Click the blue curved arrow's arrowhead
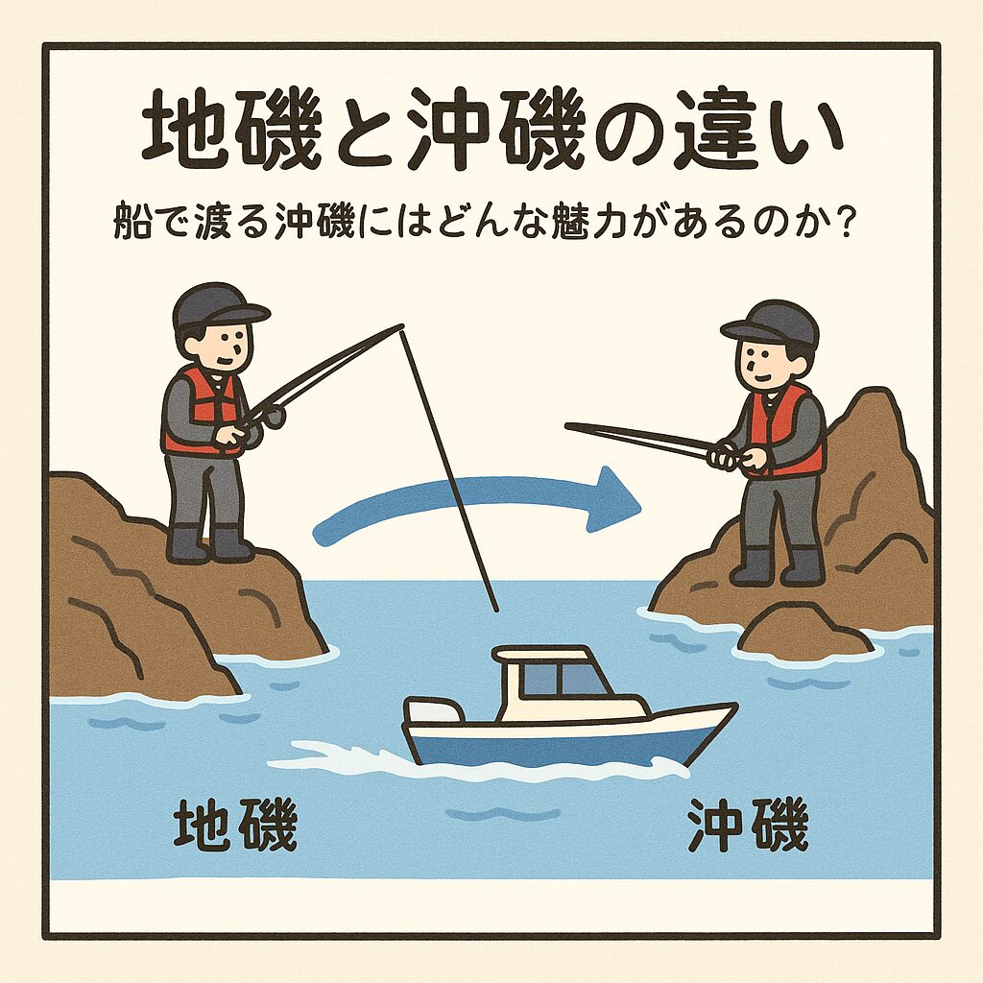(x=614, y=496)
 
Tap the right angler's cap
(x=774, y=323)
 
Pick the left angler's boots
(x=209, y=543)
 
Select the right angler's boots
(x=776, y=566)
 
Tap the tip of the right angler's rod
(x=569, y=426)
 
